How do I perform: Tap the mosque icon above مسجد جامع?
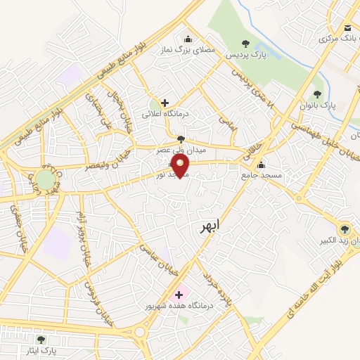pos(261,166)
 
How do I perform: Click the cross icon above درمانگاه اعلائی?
pos(165,103)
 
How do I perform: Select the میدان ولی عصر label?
pos(181,150)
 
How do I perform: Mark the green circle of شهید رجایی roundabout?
pos(46,179)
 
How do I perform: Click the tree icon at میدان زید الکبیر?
pos(344,229)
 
